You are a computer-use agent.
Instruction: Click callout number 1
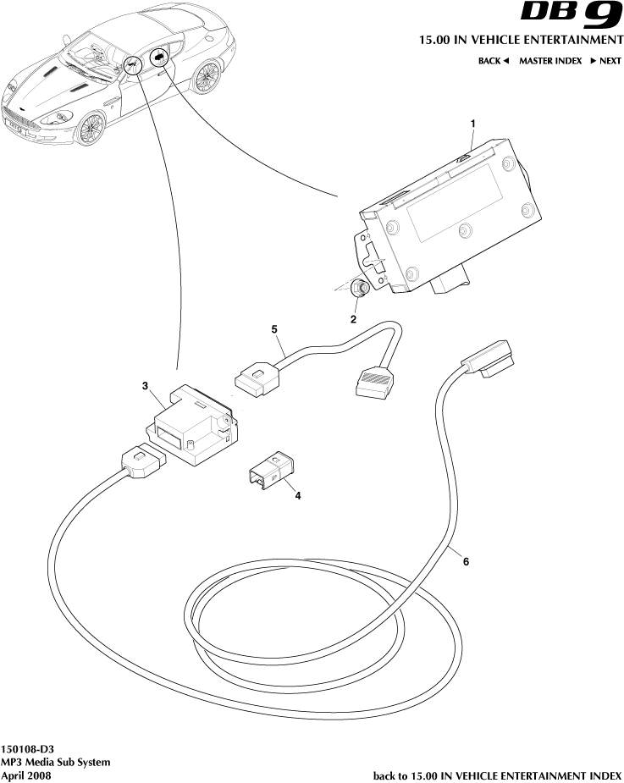pos(472,123)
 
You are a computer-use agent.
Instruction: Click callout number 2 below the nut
pos(353,319)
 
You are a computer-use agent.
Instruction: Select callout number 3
pos(146,386)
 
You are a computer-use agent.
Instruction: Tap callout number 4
pos(297,497)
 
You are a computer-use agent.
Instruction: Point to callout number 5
pos(274,328)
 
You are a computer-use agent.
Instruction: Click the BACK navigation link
pos(493,61)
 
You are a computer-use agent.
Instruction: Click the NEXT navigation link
pos(606,61)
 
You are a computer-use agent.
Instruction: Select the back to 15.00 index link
pos(498,775)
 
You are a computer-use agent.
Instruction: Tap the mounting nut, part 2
pos(361,288)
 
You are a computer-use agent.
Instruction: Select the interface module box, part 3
pos(192,422)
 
